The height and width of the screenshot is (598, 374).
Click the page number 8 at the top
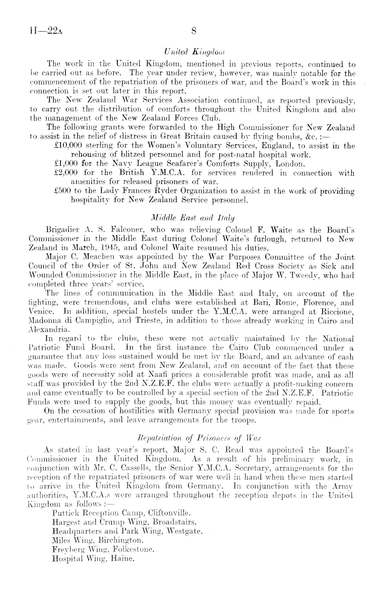193,32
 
